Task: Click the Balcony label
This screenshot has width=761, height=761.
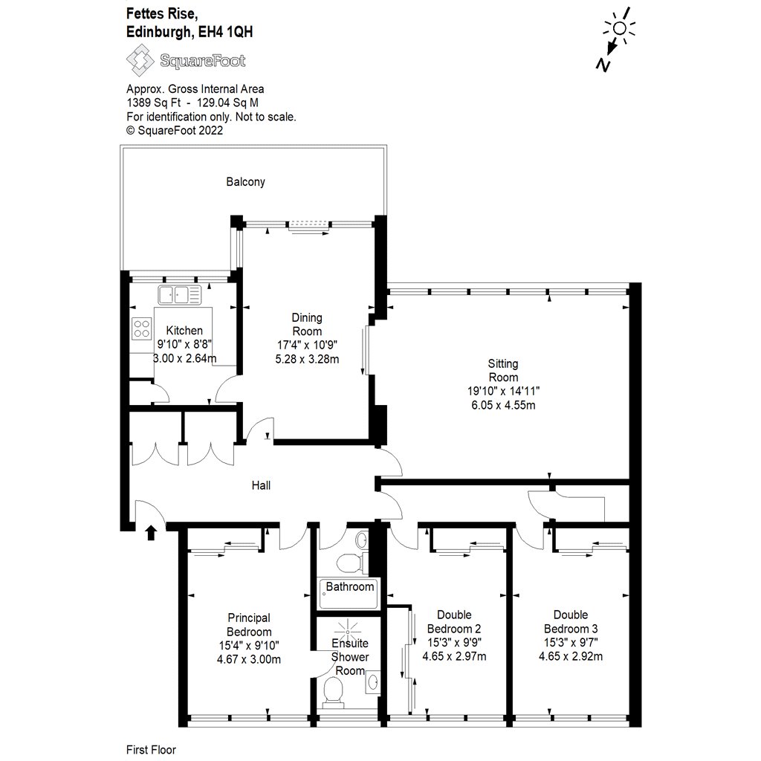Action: pos(246,181)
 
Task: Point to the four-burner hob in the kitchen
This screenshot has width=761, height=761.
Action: pos(140,328)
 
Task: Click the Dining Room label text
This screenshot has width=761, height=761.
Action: pos(306,325)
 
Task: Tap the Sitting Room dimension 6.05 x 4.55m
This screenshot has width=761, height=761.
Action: pos(503,405)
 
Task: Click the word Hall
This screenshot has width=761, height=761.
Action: pos(261,485)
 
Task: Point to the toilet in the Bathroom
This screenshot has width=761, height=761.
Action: pos(349,562)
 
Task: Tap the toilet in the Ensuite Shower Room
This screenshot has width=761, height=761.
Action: pos(335,695)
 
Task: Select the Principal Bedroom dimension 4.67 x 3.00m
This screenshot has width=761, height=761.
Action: pos(248,658)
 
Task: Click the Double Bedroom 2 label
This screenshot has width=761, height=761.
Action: pos(454,621)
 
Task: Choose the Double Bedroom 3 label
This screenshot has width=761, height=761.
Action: pos(571,621)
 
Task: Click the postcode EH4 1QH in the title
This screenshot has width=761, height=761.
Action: pos(230,31)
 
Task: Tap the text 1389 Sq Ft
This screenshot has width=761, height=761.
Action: pos(152,103)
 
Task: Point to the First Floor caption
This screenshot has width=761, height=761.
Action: pos(152,750)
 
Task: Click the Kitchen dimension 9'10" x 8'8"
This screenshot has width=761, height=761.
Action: pos(184,345)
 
